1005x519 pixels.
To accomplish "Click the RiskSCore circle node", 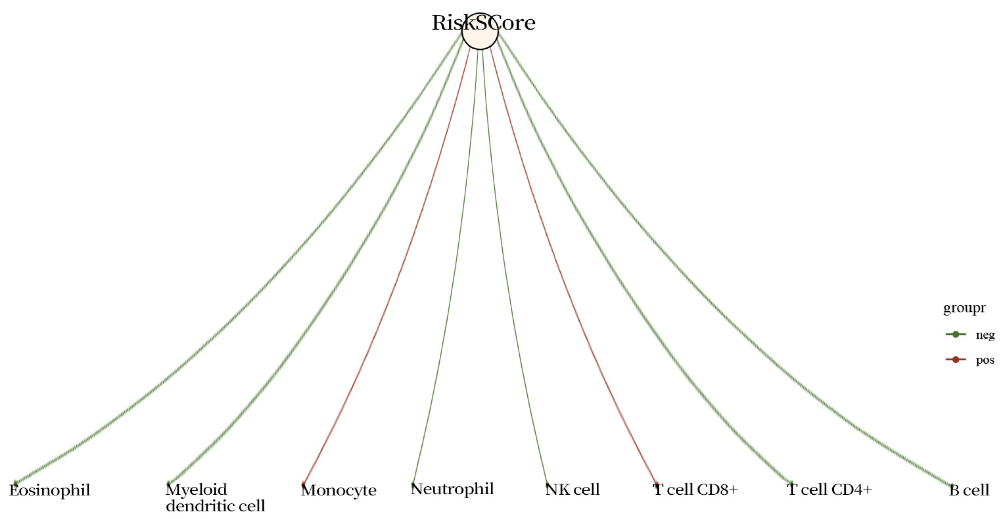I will pyautogui.click(x=480, y=31).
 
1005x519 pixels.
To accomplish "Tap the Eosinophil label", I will pyautogui.click(x=50, y=490).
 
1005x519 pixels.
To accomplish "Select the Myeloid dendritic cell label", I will pyautogui.click(x=215, y=497).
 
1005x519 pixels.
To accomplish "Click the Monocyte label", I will pyautogui.click(x=338, y=491).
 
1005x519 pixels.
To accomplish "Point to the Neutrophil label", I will pyautogui.click(x=452, y=489).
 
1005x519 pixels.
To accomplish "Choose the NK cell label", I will pyautogui.click(x=572, y=489).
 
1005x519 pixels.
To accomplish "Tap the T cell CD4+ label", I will pyautogui.click(x=829, y=489).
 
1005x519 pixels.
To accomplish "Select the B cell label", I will pyautogui.click(x=969, y=490).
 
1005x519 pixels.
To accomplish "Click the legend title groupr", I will pyautogui.click(x=964, y=308).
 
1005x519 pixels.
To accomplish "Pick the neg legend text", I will pyautogui.click(x=985, y=335).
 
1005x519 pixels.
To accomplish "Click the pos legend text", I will pyautogui.click(x=985, y=360).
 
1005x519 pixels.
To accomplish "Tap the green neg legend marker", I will pyautogui.click(x=955, y=334).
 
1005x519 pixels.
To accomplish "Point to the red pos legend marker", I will pyautogui.click(x=955, y=359).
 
